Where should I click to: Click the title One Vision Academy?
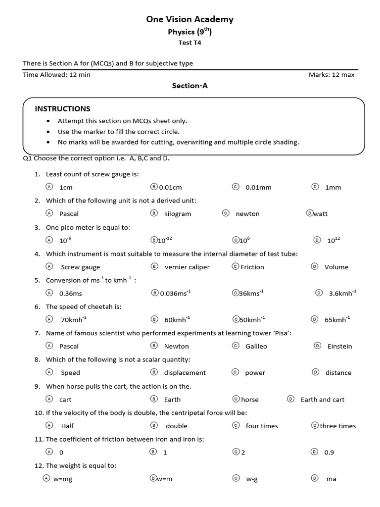point(190,19)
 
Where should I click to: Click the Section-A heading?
point(190,86)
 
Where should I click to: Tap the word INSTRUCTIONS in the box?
point(62,108)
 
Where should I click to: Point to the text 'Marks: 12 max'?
point(331,75)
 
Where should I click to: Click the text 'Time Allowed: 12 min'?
point(56,75)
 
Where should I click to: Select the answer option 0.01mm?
point(258,188)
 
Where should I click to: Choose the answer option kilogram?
point(177,214)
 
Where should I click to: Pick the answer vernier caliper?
point(187,267)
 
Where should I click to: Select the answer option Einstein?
point(339,347)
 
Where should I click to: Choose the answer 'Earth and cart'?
point(322,400)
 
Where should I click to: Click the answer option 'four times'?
point(262,426)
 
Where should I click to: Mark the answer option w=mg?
point(63,479)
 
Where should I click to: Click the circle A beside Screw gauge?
point(49,266)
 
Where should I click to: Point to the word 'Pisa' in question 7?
point(281,333)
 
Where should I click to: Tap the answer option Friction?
point(252,267)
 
